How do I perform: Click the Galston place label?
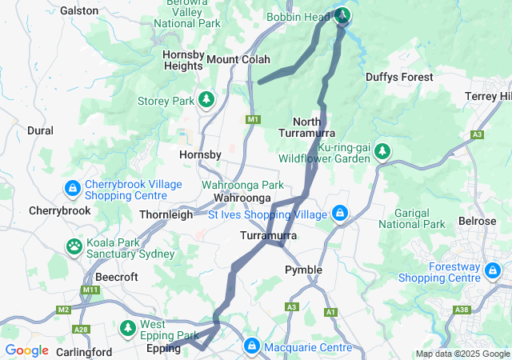79,11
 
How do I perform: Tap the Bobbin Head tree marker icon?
342,15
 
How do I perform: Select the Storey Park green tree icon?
207,100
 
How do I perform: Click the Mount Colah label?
238,59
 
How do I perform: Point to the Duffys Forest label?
399,77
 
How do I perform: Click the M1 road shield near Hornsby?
254,119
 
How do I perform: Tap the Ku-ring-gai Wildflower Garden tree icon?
383,151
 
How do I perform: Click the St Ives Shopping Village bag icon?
340,214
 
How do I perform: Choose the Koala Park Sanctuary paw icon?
74,246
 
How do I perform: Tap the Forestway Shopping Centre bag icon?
493,273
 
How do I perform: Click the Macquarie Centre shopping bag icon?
252,346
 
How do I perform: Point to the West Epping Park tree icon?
127,328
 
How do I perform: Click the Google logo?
27,350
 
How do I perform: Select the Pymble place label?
304,270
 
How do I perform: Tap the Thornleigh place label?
166,214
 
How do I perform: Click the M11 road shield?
89,289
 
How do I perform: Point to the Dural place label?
40,130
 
